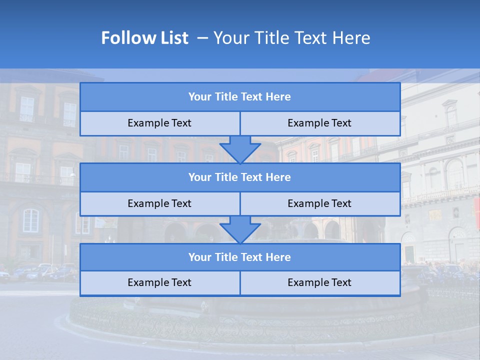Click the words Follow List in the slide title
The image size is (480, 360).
click(144, 38)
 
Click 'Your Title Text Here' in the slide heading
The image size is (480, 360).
click(292, 38)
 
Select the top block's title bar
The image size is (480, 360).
click(240, 97)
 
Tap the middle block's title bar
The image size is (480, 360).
click(240, 177)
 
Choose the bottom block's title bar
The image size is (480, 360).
click(240, 257)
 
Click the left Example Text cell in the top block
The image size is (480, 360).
click(159, 123)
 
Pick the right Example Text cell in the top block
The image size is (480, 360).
click(319, 123)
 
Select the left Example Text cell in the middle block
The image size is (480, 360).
click(159, 203)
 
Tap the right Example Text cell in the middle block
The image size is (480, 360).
click(319, 203)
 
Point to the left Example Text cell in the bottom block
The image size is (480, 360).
click(159, 282)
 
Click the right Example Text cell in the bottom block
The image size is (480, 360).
click(319, 282)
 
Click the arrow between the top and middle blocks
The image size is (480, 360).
click(240, 149)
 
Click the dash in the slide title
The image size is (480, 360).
click(202, 38)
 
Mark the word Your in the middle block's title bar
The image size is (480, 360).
click(200, 177)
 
